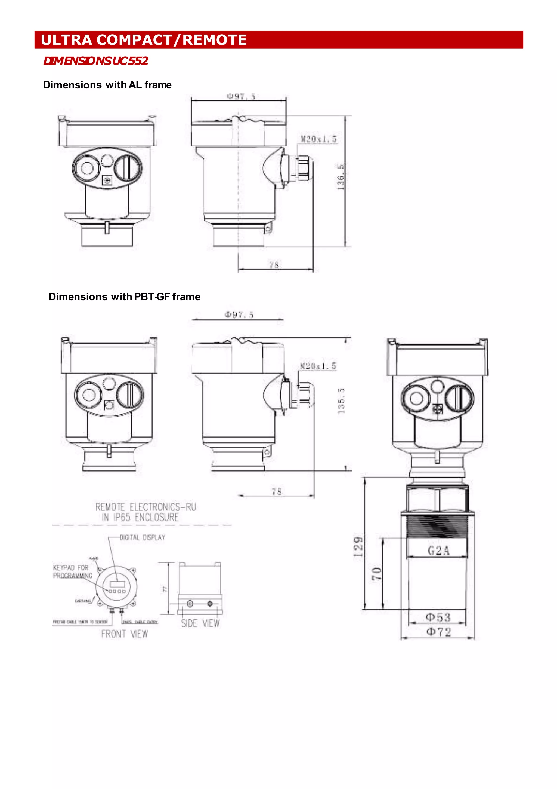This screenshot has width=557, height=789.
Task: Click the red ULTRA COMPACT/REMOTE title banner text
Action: [x=143, y=40]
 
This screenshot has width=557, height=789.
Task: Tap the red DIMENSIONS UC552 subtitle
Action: [x=95, y=61]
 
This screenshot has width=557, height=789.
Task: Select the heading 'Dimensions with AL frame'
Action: [x=107, y=85]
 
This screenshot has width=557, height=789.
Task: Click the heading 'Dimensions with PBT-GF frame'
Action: [x=124, y=296]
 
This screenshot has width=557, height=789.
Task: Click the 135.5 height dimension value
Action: [x=341, y=401]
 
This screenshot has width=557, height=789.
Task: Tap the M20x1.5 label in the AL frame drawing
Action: [x=318, y=139]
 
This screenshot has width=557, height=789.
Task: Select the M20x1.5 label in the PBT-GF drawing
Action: [x=318, y=366]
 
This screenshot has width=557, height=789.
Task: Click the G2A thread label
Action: [x=438, y=551]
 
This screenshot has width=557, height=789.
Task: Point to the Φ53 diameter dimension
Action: [x=438, y=617]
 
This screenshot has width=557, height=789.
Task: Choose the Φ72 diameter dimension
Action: [x=438, y=632]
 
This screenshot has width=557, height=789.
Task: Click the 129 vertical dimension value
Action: [x=358, y=547]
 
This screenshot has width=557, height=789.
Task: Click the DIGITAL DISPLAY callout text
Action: [x=142, y=537]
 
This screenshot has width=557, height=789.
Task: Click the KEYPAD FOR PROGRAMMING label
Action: [x=72, y=571]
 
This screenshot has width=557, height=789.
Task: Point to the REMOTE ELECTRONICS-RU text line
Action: [x=146, y=507]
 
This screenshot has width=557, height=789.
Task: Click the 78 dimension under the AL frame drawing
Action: [x=274, y=265]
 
